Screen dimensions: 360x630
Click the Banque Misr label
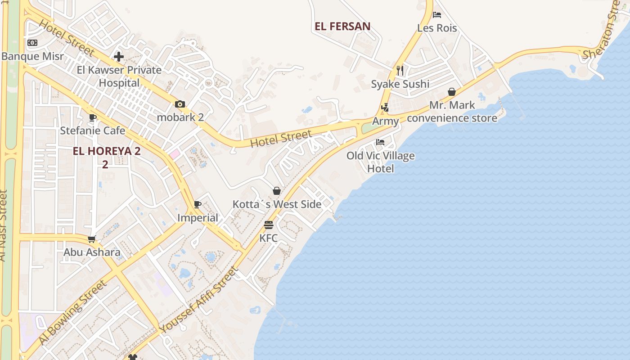(32, 57)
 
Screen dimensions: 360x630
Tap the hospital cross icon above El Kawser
(119, 57)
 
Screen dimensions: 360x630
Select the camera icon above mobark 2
(180, 104)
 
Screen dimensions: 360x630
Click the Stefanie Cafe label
(93, 131)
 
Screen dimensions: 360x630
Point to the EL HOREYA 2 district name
(107, 151)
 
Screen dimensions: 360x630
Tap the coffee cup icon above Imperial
(197, 205)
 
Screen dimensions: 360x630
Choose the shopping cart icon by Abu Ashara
(92, 239)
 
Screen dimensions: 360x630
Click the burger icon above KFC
(269, 225)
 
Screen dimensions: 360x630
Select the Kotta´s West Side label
(277, 204)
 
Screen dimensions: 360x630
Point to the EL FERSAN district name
(342, 27)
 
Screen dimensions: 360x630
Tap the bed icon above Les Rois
(437, 15)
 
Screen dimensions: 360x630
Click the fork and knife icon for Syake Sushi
(400, 71)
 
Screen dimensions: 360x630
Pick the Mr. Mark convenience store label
(452, 112)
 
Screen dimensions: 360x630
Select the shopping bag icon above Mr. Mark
(452, 92)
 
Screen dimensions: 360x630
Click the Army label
(386, 121)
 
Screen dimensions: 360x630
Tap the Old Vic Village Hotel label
(381, 162)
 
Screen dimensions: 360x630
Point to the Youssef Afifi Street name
(198, 300)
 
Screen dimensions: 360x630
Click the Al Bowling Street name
(73, 312)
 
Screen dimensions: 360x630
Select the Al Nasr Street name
(4, 225)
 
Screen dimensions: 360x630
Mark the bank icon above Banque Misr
(32, 43)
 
